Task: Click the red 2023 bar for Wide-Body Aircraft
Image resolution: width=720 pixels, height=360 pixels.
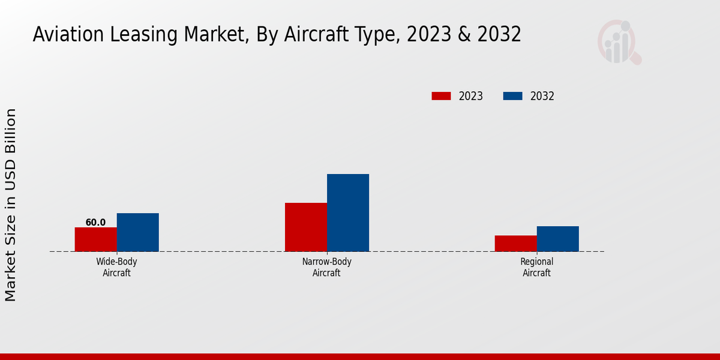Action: point(95,239)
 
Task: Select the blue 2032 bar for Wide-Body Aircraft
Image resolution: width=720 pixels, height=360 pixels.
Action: point(137,232)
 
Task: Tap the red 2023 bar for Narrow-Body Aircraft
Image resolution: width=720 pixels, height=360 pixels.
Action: point(306,227)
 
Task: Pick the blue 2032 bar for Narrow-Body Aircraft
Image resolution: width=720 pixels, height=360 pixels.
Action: point(348,212)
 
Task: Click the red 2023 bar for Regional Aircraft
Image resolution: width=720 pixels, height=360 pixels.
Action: point(515,243)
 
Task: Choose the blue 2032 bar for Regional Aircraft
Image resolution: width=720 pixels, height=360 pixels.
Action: point(557,239)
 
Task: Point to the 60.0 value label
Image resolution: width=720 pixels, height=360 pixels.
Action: point(95,223)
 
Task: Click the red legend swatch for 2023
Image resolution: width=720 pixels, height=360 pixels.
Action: point(441,96)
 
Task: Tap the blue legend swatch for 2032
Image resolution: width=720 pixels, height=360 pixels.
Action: point(512,96)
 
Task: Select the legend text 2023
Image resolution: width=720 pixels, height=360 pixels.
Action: point(470,96)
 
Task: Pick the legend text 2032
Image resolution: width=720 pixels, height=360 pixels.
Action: point(542,96)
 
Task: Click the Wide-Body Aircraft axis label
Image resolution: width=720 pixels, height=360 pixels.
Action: point(116,267)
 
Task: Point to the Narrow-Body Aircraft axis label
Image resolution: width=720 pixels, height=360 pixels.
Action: point(326,267)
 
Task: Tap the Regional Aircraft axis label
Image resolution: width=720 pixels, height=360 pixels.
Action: point(536,267)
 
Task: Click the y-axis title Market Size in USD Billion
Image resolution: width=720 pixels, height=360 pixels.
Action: point(11,205)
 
